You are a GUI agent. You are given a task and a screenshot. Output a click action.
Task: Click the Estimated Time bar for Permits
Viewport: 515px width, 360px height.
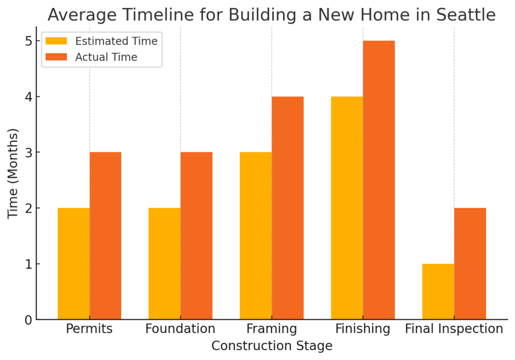tap(73, 263)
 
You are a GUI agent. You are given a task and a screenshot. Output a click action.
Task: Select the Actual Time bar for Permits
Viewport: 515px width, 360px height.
tap(106, 235)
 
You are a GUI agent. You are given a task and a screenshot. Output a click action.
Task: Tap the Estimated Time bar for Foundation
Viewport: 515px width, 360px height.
tap(164, 263)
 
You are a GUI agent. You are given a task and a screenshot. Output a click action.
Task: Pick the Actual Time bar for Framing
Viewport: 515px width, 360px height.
tap(288, 208)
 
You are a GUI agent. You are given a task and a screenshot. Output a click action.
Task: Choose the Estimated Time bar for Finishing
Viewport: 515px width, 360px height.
tap(347, 208)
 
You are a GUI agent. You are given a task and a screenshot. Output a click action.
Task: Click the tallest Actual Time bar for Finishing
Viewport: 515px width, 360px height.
tap(379, 180)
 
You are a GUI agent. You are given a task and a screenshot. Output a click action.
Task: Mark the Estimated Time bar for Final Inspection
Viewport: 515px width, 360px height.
tap(438, 291)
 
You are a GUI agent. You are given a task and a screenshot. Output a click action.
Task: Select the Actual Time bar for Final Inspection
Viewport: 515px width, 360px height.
tap(470, 263)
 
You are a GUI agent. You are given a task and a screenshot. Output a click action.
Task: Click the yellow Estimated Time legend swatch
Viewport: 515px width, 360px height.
tap(56, 41)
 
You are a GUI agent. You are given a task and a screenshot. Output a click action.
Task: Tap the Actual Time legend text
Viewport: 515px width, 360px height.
tap(106, 57)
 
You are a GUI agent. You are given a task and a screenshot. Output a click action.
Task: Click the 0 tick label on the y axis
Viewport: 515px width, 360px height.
tap(28, 320)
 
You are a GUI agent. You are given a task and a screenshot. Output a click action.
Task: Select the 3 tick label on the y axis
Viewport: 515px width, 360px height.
tap(28, 152)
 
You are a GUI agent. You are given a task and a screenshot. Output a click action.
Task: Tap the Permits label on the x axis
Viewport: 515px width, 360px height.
tap(89, 328)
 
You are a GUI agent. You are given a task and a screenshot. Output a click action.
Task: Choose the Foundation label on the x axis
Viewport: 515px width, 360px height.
tap(181, 328)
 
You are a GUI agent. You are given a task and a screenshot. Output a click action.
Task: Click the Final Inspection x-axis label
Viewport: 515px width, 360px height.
tap(454, 328)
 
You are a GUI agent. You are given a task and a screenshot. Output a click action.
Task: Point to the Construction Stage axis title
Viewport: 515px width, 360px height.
tap(272, 345)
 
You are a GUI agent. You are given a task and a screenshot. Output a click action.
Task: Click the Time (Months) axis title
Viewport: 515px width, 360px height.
tap(13, 173)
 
